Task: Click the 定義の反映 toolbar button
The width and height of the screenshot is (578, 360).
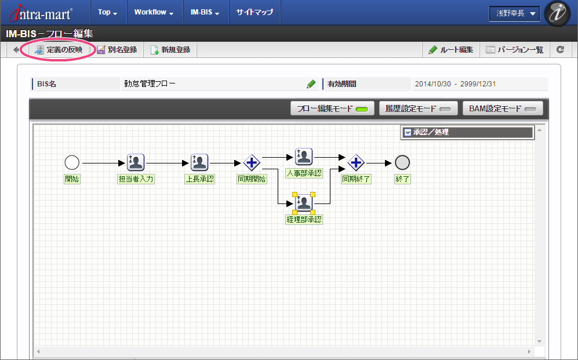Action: tap(59, 50)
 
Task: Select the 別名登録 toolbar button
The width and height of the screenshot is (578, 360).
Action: tap(117, 50)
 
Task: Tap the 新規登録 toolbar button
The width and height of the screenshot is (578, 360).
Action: tap(170, 50)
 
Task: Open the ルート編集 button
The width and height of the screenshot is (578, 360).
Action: tap(451, 50)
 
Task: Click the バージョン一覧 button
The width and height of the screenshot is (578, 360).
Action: tap(514, 50)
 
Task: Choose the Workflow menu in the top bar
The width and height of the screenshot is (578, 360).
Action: tap(154, 12)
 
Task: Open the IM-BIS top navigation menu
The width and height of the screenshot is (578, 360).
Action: tap(205, 12)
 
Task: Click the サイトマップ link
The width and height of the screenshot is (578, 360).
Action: tap(255, 12)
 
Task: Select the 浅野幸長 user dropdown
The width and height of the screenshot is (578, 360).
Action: tap(514, 13)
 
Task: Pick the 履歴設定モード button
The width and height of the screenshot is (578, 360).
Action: tap(418, 108)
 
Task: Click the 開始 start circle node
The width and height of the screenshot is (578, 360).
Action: tap(72, 163)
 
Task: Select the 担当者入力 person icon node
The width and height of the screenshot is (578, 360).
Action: tap(136, 163)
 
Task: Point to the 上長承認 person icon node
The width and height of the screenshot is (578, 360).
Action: tap(199, 163)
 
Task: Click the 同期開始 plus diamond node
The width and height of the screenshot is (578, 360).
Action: tap(252, 163)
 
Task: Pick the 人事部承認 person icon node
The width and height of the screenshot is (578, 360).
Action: tap(304, 157)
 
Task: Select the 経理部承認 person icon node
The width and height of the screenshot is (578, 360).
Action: tap(304, 203)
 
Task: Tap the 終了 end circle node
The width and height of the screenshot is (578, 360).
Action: tap(402, 163)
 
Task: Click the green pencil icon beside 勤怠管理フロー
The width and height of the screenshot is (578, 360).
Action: tap(311, 84)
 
